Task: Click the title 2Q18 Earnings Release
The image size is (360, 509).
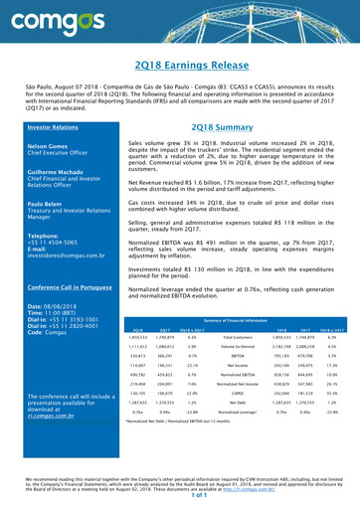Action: click(x=180, y=65)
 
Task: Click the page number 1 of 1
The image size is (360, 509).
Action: click(x=180, y=502)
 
